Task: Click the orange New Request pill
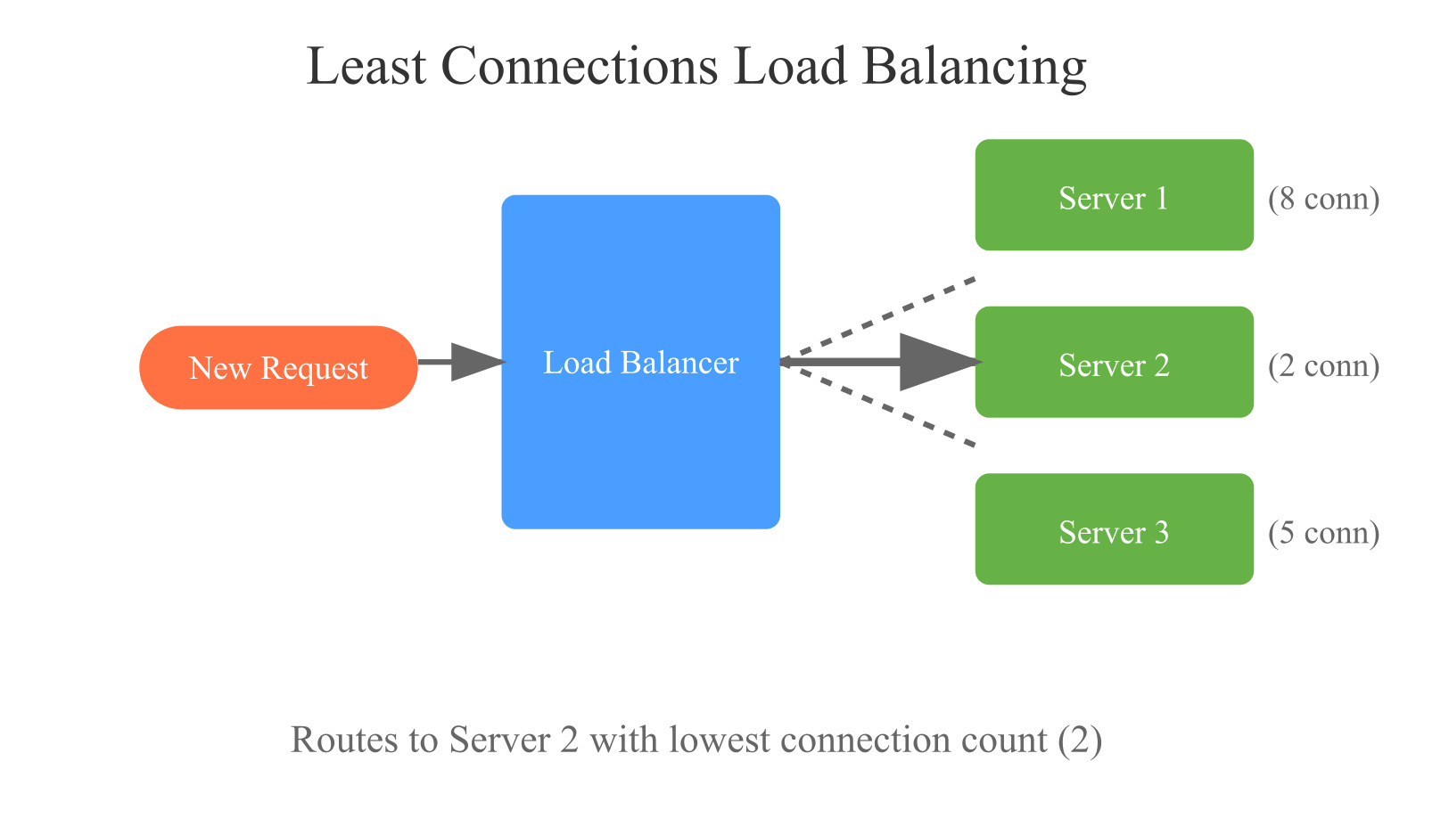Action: pos(278,367)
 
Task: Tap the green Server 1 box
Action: pos(1114,195)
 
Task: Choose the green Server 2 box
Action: pos(1114,362)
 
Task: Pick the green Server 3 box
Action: pos(1114,528)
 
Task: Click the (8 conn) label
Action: pos(1323,198)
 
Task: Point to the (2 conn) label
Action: pos(1323,365)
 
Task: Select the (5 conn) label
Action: pos(1323,532)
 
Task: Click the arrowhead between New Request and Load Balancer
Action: pos(476,362)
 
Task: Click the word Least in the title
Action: pos(366,67)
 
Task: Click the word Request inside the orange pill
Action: pos(314,369)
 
